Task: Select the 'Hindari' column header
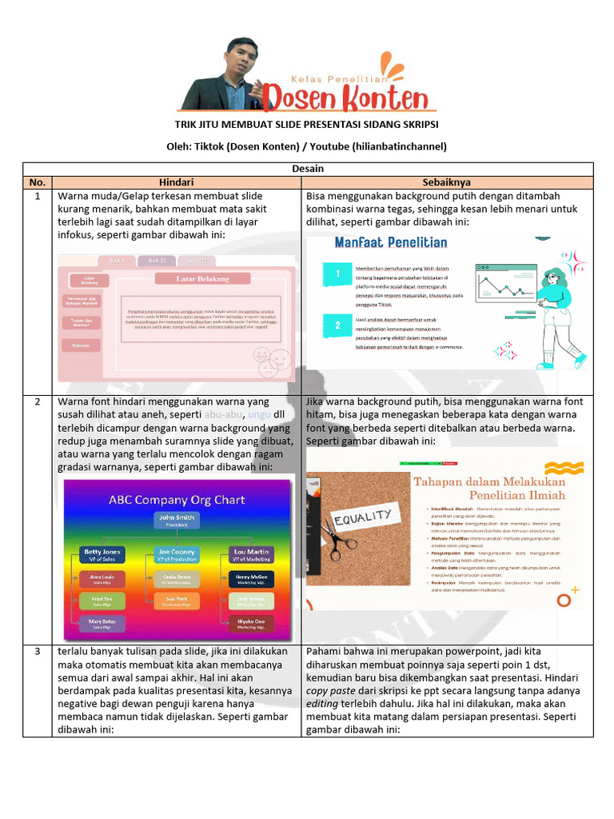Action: (x=177, y=182)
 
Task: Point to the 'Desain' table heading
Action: (x=307, y=169)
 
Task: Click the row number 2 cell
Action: (x=37, y=402)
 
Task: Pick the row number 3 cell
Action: (x=37, y=652)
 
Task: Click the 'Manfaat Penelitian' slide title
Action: (x=390, y=242)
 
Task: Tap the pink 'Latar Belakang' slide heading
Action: (x=202, y=279)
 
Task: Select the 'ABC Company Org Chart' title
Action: (x=177, y=500)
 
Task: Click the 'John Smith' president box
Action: (x=177, y=521)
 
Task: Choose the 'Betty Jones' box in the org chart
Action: (x=102, y=554)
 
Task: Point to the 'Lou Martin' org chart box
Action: (x=252, y=554)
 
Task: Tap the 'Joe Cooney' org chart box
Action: (x=177, y=554)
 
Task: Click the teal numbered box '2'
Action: (x=338, y=325)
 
